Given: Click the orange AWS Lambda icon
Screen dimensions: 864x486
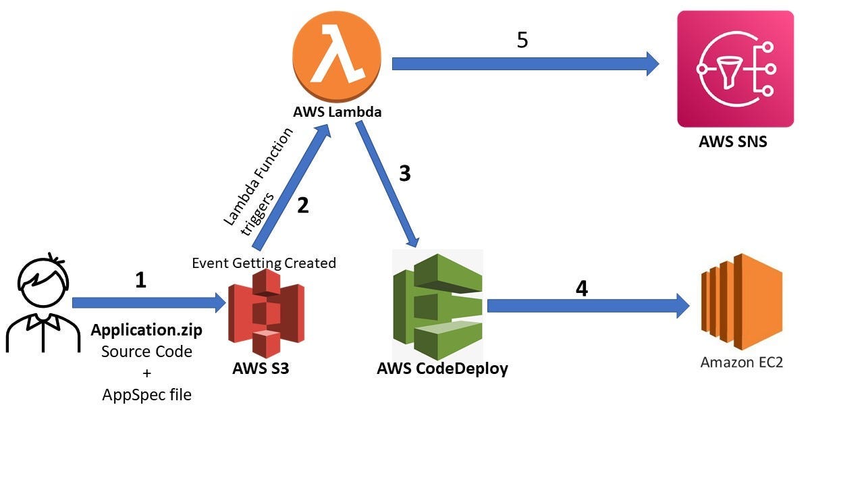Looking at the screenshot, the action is pyautogui.click(x=337, y=56).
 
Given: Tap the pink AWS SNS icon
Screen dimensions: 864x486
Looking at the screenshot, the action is pyautogui.click(x=736, y=69).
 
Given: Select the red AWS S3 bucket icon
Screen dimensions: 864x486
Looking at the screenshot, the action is pyautogui.click(x=266, y=313).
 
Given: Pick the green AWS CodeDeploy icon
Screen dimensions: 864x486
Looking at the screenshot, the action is pyautogui.click(x=437, y=306).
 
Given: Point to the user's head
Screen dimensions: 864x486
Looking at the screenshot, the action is pyautogui.click(x=43, y=281).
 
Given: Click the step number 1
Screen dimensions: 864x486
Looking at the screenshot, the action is pyautogui.click(x=141, y=280).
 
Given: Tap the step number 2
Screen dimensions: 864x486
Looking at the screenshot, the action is pyautogui.click(x=303, y=205).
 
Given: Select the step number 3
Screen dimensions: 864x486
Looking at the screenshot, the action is pyautogui.click(x=404, y=173).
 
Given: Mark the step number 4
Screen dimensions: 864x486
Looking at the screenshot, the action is pyautogui.click(x=582, y=288).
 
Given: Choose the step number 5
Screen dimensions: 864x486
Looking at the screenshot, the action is pyautogui.click(x=522, y=40).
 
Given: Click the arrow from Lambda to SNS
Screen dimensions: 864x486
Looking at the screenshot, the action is pyautogui.click(x=525, y=63).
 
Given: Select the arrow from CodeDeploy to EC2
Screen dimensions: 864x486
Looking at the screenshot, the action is pyautogui.click(x=588, y=306).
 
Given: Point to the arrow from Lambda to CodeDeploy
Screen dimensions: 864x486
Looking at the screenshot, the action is pyautogui.click(x=387, y=184).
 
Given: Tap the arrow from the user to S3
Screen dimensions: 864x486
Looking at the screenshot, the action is pyautogui.click(x=149, y=302).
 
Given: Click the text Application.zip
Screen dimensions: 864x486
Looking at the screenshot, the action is pyautogui.click(x=146, y=330).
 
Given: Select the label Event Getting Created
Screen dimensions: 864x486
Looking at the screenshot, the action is pyautogui.click(x=264, y=263).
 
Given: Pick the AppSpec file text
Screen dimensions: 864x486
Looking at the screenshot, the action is pyautogui.click(x=147, y=395).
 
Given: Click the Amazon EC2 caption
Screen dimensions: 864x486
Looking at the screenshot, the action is pyautogui.click(x=741, y=362).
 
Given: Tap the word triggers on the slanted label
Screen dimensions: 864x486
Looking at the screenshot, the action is pyautogui.click(x=257, y=214).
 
